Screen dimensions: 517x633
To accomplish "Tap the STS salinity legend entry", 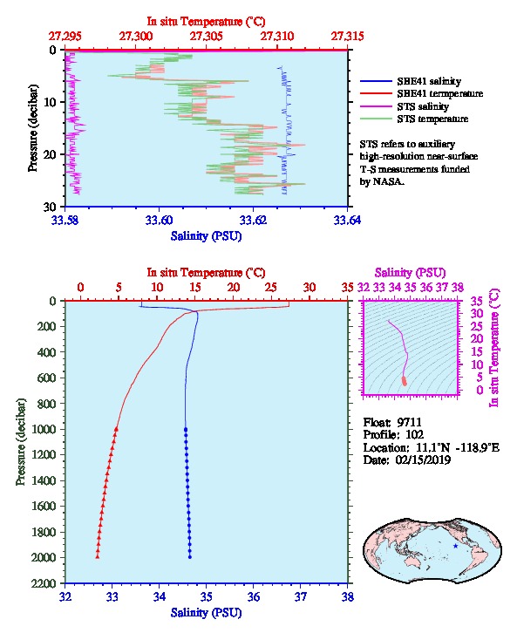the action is pos(423,106).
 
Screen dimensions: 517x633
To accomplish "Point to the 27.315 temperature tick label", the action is pos(348,37).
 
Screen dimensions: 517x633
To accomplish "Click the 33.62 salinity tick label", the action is pos(253,220).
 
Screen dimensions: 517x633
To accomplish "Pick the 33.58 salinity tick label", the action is pos(65,220).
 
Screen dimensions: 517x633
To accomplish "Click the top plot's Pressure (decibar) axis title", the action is pos(33,128).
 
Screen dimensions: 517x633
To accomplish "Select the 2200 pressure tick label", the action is pos(44,583).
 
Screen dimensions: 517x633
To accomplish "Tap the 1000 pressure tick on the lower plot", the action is pos(44,429).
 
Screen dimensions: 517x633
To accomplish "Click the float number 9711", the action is pos(409,422).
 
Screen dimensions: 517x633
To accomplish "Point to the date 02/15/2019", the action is pos(423,459).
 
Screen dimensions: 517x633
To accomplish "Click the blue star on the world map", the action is pos(456,546).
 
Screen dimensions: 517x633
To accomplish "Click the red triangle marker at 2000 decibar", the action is pos(98,556).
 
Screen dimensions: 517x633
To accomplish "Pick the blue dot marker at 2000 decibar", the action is pos(190,557).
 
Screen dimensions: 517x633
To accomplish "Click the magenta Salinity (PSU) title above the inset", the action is pos(410,273).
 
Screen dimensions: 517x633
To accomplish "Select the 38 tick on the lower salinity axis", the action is pos(348,596).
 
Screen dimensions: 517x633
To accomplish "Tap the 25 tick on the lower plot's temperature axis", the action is pos(271,288).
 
